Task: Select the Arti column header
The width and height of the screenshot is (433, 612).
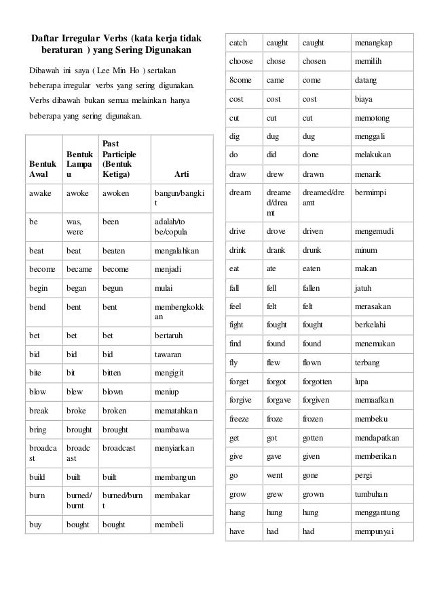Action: point(181,174)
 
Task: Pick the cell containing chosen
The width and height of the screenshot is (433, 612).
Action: point(314,61)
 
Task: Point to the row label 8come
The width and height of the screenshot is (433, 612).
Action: point(241,80)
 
